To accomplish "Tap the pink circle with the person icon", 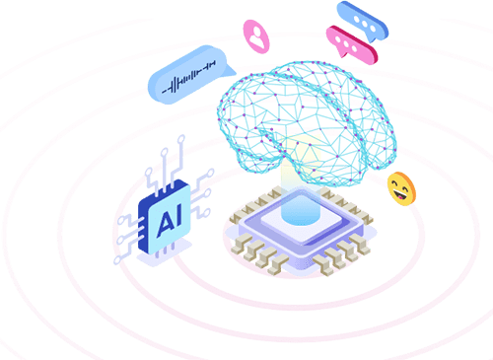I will [255, 35].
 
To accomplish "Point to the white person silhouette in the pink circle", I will [255, 35].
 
